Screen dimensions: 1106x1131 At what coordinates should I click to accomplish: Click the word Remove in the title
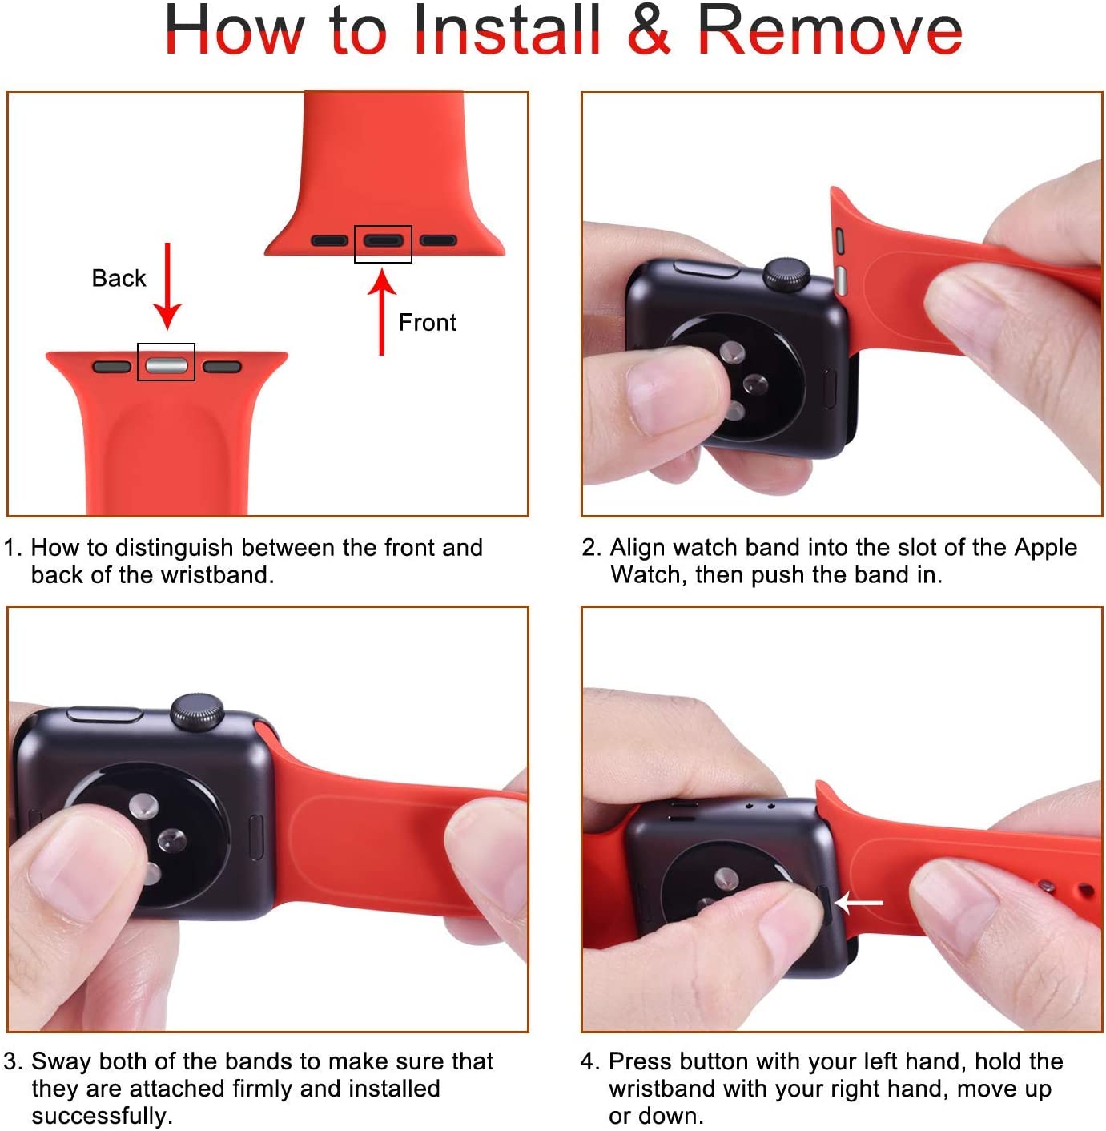(x=830, y=30)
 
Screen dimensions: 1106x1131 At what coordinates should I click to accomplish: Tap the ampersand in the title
(x=650, y=30)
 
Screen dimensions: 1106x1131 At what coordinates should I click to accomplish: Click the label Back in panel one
(x=119, y=278)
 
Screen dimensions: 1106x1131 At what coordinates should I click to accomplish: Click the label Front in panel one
(x=427, y=323)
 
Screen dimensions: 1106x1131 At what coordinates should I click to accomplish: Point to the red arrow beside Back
(x=167, y=286)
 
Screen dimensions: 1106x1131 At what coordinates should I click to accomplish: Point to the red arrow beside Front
(x=382, y=312)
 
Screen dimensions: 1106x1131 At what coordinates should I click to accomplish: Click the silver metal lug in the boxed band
(x=167, y=365)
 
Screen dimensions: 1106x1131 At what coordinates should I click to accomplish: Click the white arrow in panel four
(x=859, y=903)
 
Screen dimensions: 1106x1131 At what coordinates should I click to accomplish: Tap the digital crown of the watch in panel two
(x=786, y=274)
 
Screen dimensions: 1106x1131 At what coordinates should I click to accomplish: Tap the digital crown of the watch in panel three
(x=196, y=710)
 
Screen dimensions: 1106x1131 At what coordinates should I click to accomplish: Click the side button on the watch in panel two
(x=706, y=268)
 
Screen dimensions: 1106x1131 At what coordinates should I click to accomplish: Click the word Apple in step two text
(x=1046, y=548)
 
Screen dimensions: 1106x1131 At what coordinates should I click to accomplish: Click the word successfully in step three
(x=103, y=1115)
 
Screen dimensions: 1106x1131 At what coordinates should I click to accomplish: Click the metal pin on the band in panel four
(x=1047, y=886)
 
